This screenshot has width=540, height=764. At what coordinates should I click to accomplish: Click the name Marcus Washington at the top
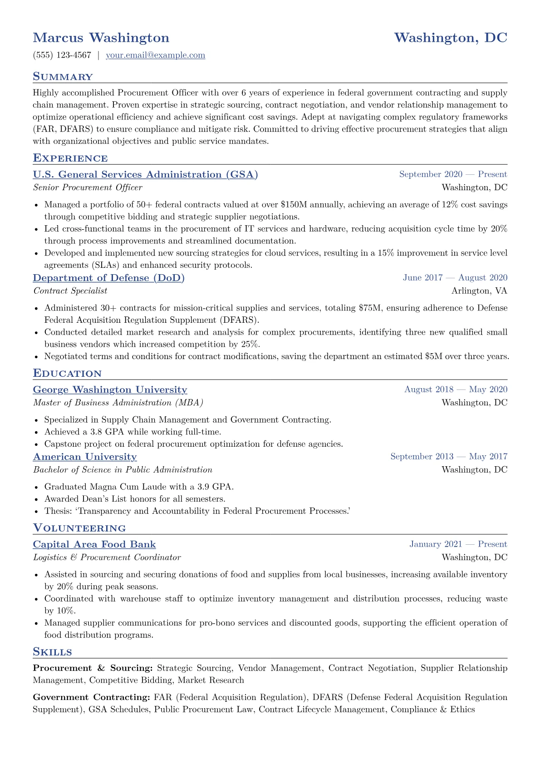click(x=101, y=38)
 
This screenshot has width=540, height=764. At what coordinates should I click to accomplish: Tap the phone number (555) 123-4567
click(x=62, y=55)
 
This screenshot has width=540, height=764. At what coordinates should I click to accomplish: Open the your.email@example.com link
click(x=155, y=55)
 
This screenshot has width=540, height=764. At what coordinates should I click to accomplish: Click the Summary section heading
click(x=63, y=77)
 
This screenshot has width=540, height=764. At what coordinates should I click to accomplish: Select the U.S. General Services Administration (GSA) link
click(x=145, y=175)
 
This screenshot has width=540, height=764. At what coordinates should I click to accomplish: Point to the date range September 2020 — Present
click(x=453, y=174)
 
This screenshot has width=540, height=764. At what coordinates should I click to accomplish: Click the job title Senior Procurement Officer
click(x=88, y=187)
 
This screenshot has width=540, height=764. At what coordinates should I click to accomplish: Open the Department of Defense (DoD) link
click(x=108, y=278)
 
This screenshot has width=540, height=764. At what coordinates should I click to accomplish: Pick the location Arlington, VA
click(x=479, y=291)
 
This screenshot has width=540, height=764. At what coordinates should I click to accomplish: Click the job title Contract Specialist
click(x=70, y=291)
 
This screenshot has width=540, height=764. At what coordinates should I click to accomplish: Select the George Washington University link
click(x=110, y=390)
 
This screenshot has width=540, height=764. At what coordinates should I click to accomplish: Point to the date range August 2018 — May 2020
click(x=456, y=389)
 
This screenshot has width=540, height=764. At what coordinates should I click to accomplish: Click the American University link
click(x=85, y=457)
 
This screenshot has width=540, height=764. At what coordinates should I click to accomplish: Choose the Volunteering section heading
click(x=79, y=528)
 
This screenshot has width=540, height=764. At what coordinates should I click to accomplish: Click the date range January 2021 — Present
click(x=458, y=544)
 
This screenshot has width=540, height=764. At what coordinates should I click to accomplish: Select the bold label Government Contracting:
click(x=91, y=697)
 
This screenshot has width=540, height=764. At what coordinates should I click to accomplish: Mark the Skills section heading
click(x=52, y=652)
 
